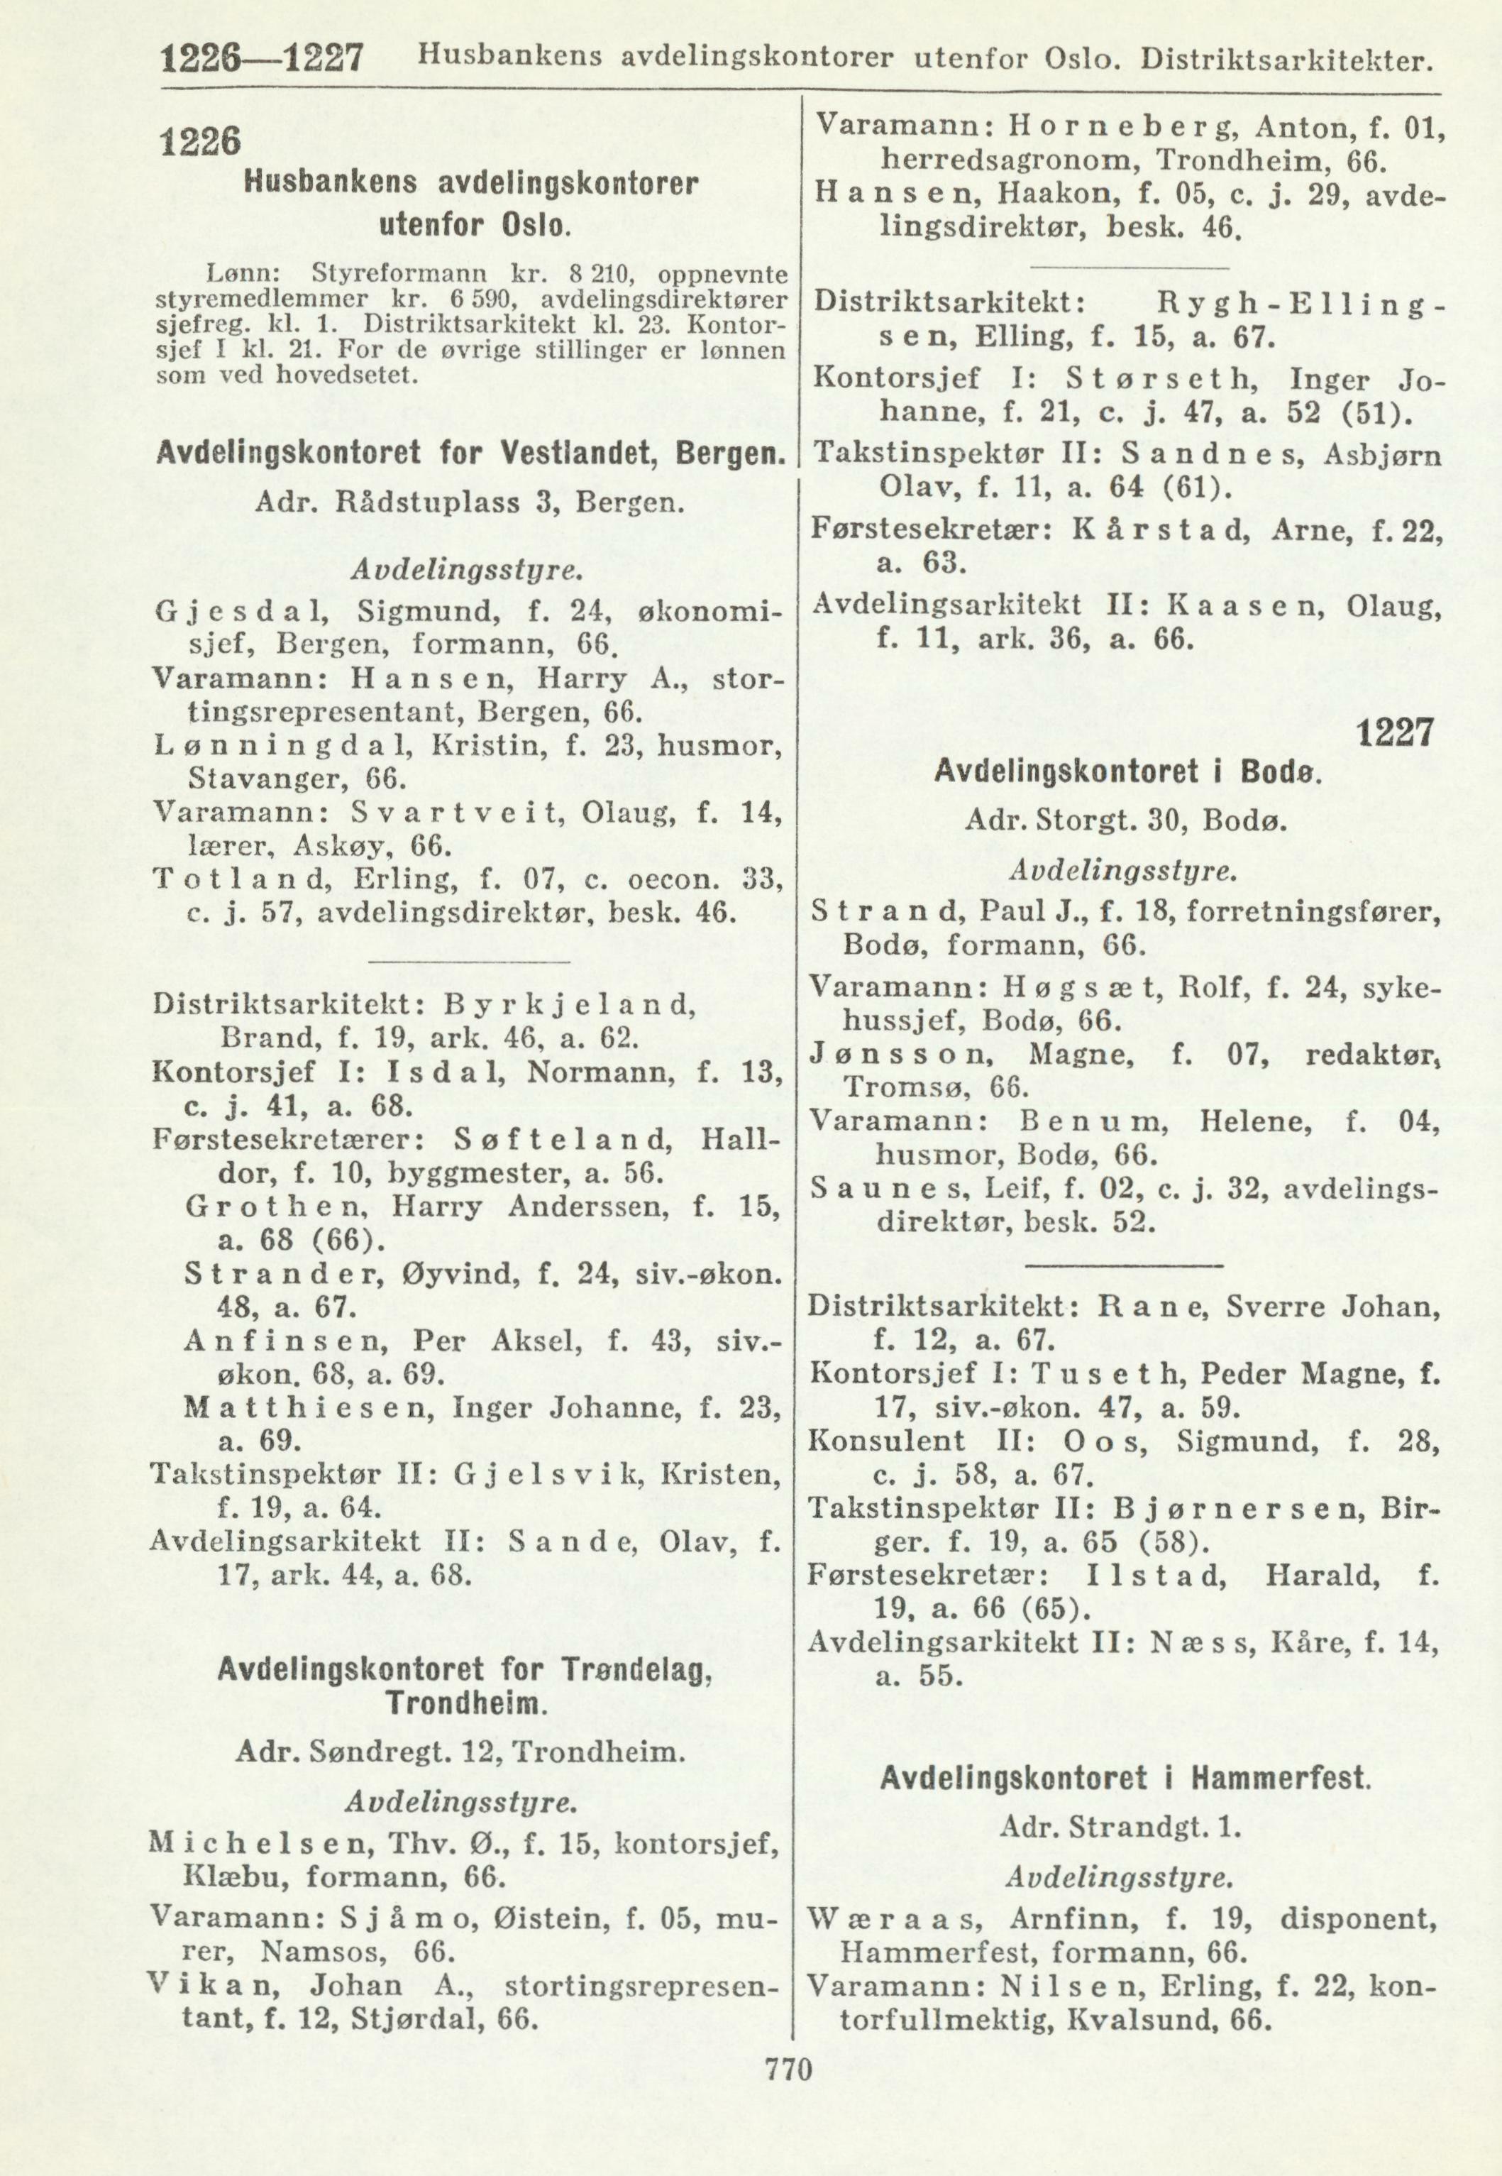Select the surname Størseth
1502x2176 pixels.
click(1158, 379)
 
